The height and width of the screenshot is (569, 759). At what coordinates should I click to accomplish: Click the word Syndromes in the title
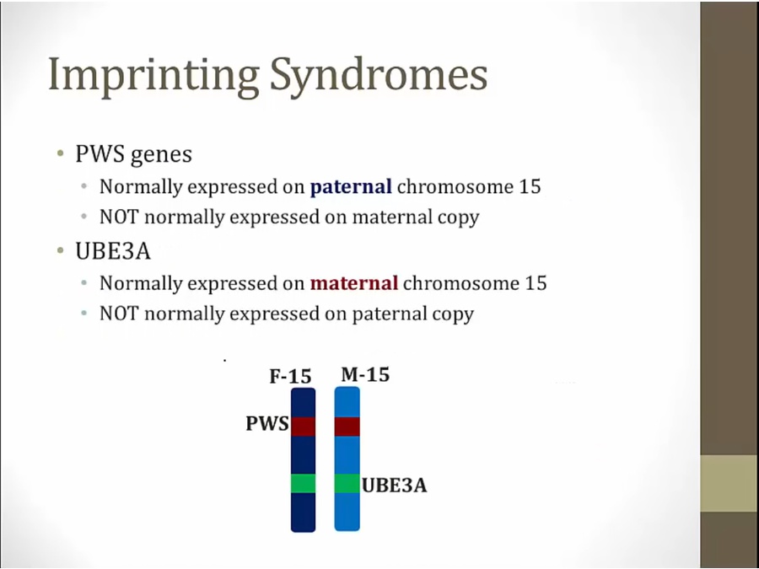379,73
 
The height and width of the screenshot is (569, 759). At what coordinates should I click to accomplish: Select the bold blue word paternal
351,187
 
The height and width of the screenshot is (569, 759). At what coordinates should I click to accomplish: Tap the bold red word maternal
354,283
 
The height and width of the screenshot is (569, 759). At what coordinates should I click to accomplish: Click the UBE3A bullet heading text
113,251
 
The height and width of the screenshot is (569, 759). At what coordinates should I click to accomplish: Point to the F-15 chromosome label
290,376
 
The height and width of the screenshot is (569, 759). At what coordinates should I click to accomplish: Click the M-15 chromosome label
365,374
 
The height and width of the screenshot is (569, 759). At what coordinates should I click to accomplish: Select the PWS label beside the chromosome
267,423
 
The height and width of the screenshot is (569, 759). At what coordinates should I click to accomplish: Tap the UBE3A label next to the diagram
395,486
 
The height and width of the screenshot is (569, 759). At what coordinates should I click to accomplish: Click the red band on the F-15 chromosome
303,427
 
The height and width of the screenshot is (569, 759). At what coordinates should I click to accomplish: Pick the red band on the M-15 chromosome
347,427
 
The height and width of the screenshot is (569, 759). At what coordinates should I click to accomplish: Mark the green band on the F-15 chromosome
303,483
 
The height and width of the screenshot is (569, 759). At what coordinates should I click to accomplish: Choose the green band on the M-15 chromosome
347,483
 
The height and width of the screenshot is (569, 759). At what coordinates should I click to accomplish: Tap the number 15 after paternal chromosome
530,187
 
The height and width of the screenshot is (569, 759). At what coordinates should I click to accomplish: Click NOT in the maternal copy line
119,217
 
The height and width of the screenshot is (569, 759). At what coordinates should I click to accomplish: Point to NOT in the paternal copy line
119,314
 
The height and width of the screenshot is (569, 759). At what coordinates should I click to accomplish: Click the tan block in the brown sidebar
729,483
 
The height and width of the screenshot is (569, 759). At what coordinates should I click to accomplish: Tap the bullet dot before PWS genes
61,154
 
